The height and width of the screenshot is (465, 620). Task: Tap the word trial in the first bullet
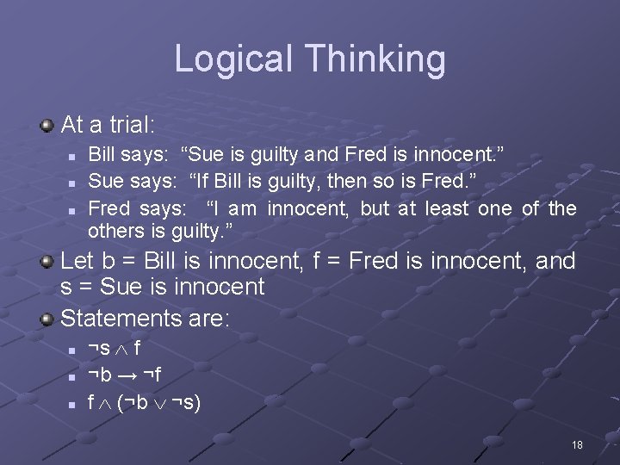tap(129, 125)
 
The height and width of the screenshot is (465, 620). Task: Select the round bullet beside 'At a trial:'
tap(47, 126)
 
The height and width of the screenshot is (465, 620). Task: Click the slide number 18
tap(577, 444)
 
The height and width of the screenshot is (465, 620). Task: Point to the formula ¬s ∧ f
tap(115, 349)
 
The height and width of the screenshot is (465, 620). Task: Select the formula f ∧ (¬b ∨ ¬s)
tap(144, 402)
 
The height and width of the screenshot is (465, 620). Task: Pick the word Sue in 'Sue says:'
tap(105, 182)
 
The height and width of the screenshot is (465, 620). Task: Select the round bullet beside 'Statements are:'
tap(47, 320)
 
